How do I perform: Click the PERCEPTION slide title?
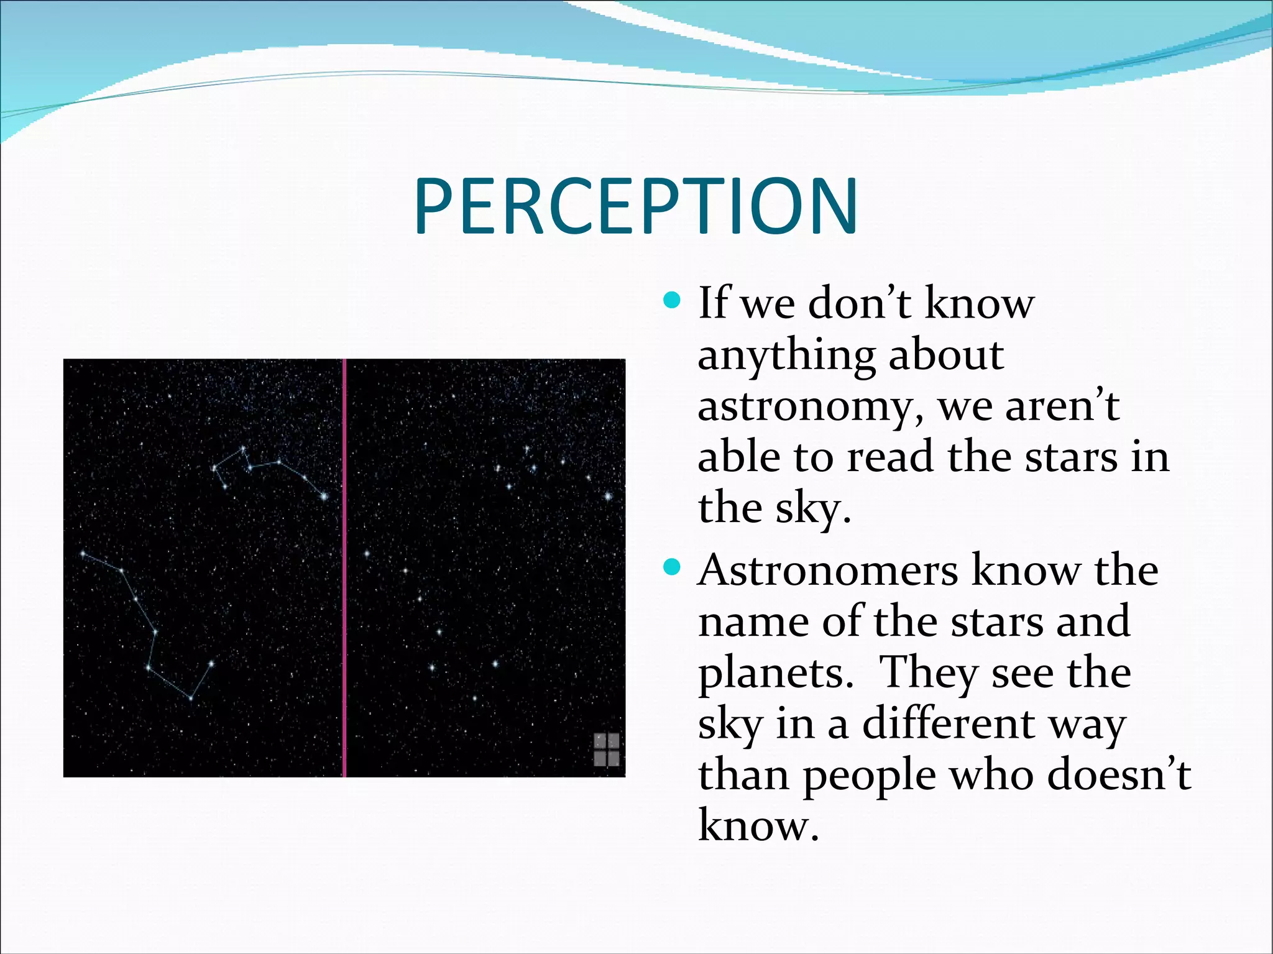[636, 206]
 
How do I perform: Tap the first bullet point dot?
[672, 301]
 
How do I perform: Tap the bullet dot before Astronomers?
[672, 567]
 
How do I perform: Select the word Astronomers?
[827, 571]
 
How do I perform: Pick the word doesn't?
[1119, 775]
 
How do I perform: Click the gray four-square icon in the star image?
[607, 749]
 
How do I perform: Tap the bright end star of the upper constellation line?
[324, 496]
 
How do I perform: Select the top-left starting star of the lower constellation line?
[83, 553]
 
